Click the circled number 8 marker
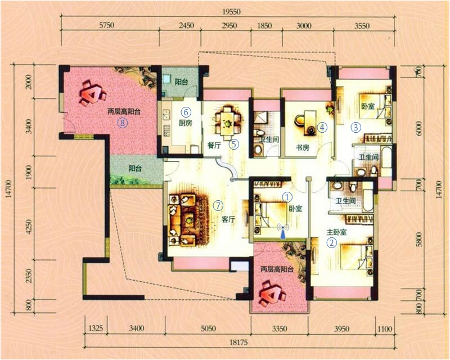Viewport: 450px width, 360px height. click(123, 123)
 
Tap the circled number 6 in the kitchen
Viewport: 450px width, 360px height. click(186, 112)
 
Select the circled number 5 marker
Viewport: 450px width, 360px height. click(234, 144)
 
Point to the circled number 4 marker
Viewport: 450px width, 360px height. click(322, 127)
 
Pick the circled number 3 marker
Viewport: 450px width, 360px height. click(356, 127)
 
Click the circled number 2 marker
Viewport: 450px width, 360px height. click(332, 242)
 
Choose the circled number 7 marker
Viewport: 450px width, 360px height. click(218, 205)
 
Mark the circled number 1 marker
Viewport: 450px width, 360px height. click(287, 197)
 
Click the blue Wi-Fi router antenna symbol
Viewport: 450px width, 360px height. click(283, 231)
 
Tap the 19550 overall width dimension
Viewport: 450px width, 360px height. click(231, 12)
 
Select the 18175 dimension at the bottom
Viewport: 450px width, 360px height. click(238, 342)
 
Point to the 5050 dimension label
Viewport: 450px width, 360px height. click(208, 328)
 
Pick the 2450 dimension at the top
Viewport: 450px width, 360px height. click(187, 26)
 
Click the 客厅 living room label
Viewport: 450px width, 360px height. click(228, 219)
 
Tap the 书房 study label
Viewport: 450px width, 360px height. click(303, 147)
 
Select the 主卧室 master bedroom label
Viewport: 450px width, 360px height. click(336, 232)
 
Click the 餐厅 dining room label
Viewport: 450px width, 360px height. click(214, 145)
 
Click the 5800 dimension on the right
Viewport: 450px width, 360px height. click(419, 239)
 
